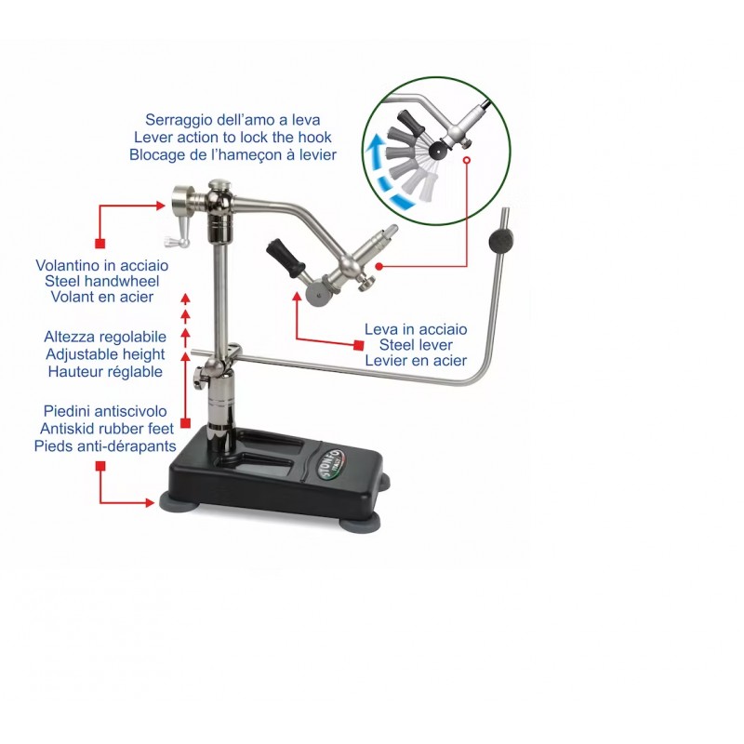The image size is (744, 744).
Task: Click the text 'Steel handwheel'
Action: click(x=102, y=281)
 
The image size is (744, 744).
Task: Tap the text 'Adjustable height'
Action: click(x=105, y=354)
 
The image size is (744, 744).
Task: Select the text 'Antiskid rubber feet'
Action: click(x=107, y=429)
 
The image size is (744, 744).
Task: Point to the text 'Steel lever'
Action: click(x=416, y=344)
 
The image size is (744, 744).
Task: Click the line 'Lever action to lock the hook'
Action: click(x=232, y=137)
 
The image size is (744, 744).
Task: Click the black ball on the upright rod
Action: click(x=500, y=240)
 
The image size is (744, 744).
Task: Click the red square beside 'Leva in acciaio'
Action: click(x=359, y=345)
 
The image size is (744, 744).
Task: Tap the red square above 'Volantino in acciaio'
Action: click(x=100, y=244)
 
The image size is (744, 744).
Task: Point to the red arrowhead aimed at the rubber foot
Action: click(x=151, y=502)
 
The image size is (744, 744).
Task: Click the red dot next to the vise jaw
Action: click(x=379, y=266)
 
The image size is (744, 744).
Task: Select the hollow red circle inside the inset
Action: click(x=467, y=160)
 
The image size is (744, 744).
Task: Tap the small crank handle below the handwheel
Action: click(x=178, y=241)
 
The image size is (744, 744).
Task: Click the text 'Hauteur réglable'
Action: click(x=105, y=371)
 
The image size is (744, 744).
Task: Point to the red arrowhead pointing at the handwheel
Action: click(x=161, y=206)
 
